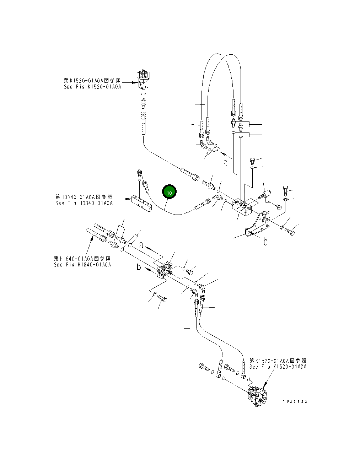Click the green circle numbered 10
pos(169,193)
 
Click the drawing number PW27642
pos(295,402)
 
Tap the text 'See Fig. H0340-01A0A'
pos(84,204)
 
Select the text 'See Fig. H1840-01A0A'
pos(82,265)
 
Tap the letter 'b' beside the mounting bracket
pos(265,242)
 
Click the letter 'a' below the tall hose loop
pos(225,163)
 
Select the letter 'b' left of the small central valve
pos(139,267)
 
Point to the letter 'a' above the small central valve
pos(141,245)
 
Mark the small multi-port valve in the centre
pos(165,269)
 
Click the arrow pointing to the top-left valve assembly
pos(130,82)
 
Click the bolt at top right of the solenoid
pos(286,189)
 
